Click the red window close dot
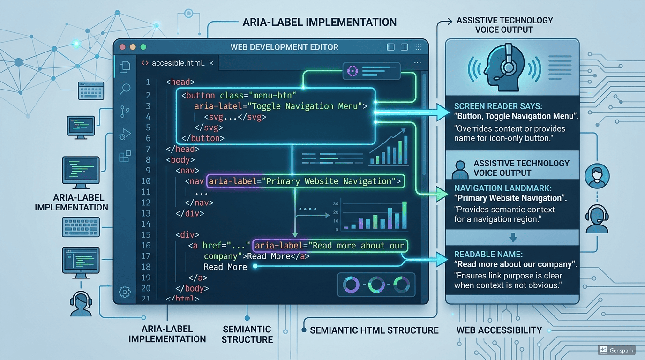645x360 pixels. (x=122, y=47)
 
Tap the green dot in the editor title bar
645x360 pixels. (x=143, y=47)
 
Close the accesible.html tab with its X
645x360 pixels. (x=211, y=63)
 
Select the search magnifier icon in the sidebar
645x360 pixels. (x=125, y=89)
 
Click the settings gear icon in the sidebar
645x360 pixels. (x=125, y=292)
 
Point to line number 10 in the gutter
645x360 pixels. (x=146, y=181)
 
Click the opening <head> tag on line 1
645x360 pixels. (x=180, y=82)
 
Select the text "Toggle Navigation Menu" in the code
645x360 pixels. (x=307, y=106)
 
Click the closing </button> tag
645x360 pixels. (x=202, y=138)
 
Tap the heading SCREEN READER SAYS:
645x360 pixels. (x=498, y=106)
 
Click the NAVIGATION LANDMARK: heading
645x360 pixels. (x=503, y=188)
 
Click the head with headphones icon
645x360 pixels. (x=504, y=67)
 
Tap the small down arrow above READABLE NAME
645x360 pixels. (x=513, y=237)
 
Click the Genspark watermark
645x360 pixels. (x=616, y=350)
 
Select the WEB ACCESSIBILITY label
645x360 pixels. (x=499, y=330)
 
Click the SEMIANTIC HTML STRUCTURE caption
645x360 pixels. (x=374, y=330)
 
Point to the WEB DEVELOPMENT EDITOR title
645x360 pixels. (x=284, y=47)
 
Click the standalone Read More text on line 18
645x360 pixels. (x=225, y=267)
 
